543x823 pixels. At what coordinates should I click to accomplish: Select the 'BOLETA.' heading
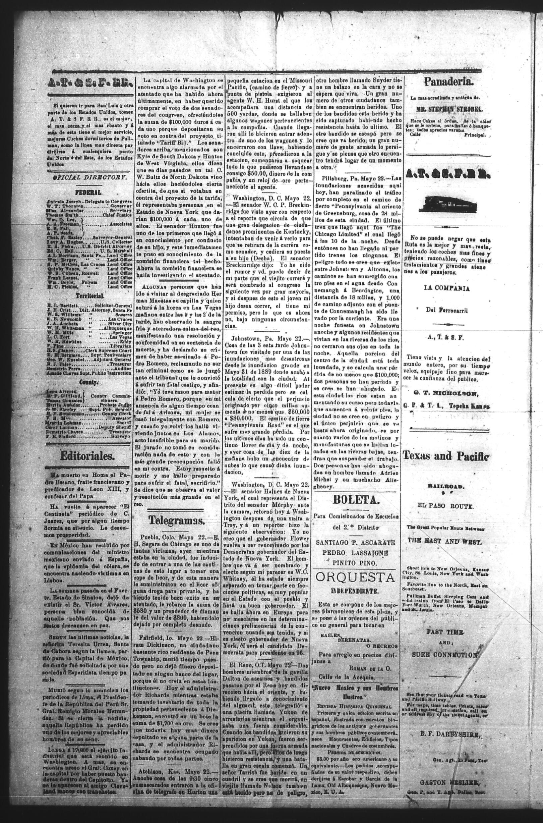(x=355, y=500)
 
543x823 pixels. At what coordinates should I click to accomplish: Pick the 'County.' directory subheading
(x=89, y=382)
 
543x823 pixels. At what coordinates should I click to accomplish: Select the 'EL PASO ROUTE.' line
(x=445, y=506)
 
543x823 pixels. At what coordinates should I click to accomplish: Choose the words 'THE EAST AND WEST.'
(x=444, y=541)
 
